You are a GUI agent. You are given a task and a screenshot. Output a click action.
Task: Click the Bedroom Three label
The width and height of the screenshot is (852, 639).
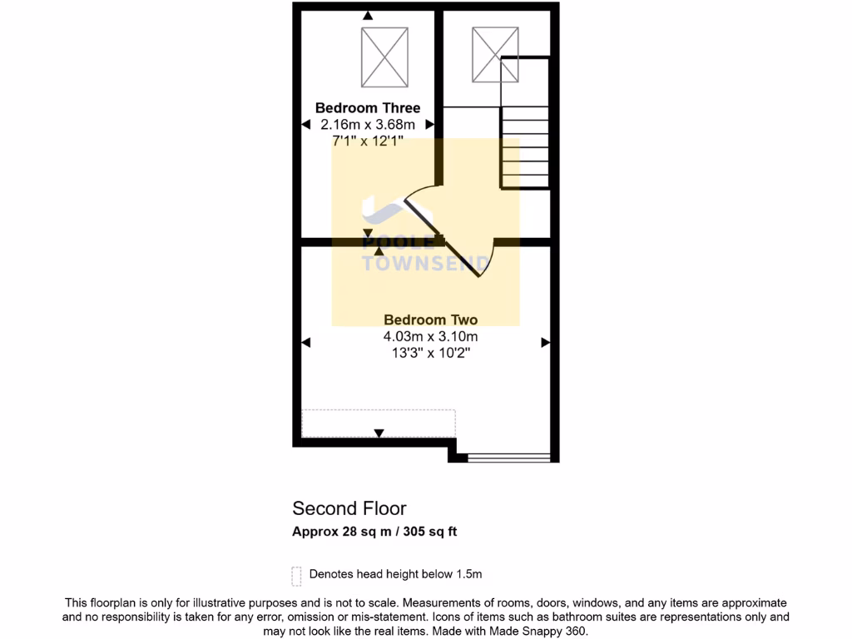point(367,108)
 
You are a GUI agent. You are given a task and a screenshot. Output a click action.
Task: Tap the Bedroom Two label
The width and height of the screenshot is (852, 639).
point(430,319)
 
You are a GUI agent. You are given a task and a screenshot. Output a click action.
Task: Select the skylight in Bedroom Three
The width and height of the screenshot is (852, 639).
point(385,57)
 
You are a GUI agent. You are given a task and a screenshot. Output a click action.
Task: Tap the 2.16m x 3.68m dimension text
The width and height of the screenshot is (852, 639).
point(367,125)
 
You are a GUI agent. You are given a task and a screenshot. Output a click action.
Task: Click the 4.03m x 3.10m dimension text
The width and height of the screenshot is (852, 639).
point(430,336)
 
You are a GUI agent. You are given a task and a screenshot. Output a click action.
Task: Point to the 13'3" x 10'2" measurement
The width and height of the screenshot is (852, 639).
point(430,353)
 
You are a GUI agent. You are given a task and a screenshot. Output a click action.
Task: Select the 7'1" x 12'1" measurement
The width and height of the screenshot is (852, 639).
point(367,141)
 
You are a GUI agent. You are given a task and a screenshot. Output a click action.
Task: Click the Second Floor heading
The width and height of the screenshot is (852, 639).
point(349,508)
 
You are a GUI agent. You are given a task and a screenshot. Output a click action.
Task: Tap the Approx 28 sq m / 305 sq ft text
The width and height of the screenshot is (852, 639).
point(374,532)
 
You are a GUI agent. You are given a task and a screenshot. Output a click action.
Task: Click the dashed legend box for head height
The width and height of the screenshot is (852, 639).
point(296,576)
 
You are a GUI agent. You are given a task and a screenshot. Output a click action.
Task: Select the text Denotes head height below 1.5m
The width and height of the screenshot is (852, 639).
point(395,574)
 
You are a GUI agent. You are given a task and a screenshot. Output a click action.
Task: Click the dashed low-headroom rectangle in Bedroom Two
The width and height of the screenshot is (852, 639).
point(379,423)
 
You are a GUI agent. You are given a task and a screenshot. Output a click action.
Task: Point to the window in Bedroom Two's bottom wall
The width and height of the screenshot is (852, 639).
point(508,457)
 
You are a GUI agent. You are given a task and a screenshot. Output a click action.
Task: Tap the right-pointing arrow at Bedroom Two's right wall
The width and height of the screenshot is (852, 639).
point(546,342)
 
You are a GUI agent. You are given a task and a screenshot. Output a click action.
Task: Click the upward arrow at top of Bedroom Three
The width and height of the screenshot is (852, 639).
point(368,14)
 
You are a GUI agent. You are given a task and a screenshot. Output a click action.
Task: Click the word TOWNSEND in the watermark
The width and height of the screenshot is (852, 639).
point(425,264)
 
